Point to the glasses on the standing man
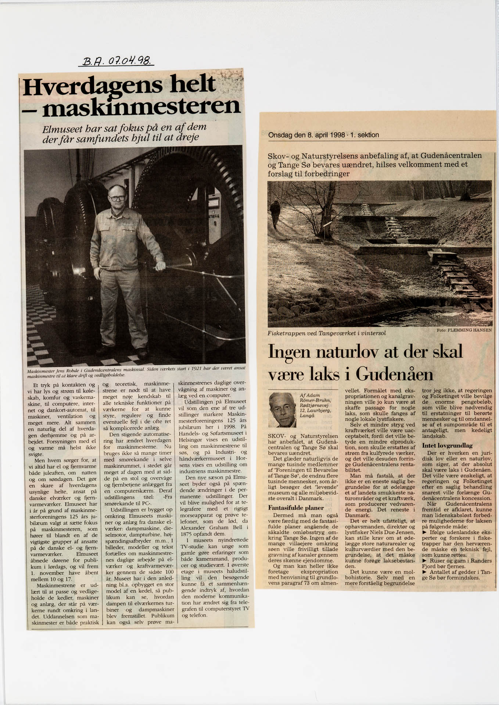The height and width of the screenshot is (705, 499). (x=117, y=198)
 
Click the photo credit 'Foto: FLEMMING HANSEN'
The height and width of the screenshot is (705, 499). (x=464, y=330)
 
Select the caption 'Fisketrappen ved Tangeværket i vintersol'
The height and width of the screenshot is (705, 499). (x=327, y=333)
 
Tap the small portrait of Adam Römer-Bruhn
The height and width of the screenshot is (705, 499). (x=282, y=410)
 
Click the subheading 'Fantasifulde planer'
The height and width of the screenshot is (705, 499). (x=296, y=508)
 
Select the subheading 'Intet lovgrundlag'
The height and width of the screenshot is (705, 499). (x=447, y=445)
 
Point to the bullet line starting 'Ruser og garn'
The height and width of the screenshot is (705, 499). (x=457, y=561)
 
